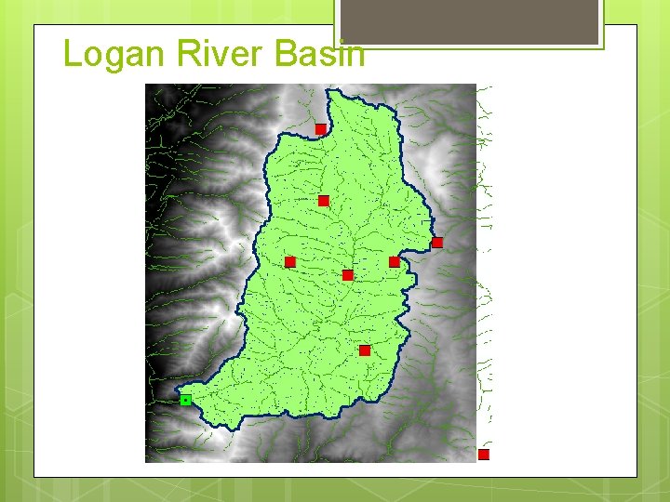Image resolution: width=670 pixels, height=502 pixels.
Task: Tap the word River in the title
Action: tap(208, 54)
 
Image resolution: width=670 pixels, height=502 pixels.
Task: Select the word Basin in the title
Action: tap(319, 54)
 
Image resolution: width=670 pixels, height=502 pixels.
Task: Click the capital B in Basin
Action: tap(285, 54)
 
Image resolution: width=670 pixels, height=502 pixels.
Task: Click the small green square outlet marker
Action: tap(186, 400)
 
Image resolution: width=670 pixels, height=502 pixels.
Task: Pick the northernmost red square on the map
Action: tap(320, 128)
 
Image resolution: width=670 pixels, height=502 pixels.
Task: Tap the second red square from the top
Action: tap(324, 201)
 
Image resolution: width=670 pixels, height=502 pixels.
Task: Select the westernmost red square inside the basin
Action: tap(290, 262)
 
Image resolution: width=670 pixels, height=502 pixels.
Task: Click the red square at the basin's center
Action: tap(348, 275)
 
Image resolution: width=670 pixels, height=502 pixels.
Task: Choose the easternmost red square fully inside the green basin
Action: tap(395, 262)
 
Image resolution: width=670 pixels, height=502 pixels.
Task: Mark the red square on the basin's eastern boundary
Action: tap(437, 243)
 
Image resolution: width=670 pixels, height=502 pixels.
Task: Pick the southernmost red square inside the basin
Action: tap(365, 350)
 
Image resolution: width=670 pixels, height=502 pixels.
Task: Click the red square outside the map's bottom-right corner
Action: tap(484, 455)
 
